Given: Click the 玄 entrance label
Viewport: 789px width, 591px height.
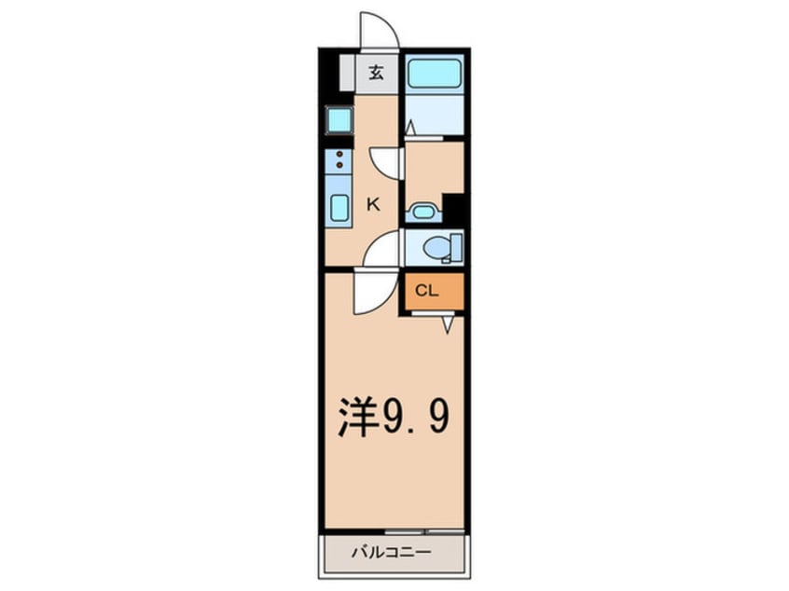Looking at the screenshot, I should pos(375,73).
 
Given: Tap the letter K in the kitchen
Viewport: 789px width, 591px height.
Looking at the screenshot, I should pos(372,204).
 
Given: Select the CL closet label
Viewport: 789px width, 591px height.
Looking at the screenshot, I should pos(426,291).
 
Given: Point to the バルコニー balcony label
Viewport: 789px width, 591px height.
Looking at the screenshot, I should pos(391,552).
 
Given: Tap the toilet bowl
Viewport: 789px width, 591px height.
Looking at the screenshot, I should pos(437,247).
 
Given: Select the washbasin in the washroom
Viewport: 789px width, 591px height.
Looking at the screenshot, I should pos(423,212).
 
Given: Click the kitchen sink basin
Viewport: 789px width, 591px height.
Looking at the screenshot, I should pos(339,207).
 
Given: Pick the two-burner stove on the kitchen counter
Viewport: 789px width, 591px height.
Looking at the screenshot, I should pos(339,159).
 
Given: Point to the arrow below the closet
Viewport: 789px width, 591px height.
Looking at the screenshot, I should pos(448,324).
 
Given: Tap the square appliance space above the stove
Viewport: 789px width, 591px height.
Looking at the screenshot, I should pos(338,119).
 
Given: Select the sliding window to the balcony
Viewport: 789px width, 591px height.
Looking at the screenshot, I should pos(411,530).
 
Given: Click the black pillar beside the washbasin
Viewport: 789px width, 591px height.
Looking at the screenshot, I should pos(454,209).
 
